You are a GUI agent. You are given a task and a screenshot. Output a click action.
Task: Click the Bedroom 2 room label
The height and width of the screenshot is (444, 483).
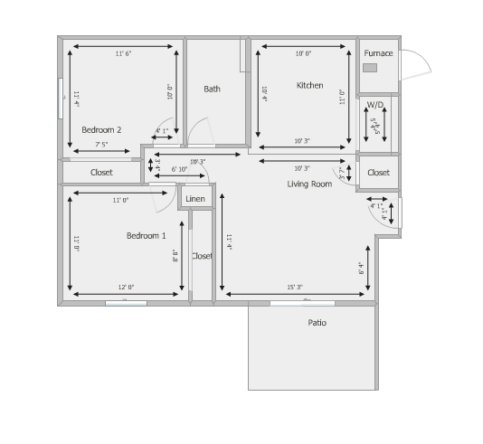[x=101, y=129]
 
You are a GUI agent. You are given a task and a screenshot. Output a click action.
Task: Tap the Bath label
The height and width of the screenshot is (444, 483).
[x=212, y=89]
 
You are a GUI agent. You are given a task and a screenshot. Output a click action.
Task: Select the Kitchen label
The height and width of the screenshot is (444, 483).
[x=309, y=86]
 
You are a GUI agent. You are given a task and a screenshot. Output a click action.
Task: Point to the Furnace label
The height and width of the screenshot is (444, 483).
[x=378, y=53]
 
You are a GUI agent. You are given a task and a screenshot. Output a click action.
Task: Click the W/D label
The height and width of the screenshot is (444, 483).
[x=374, y=105]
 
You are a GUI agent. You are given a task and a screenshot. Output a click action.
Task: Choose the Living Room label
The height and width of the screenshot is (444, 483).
[x=309, y=184]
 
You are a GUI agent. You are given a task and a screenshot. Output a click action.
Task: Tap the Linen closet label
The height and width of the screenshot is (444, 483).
[x=195, y=198]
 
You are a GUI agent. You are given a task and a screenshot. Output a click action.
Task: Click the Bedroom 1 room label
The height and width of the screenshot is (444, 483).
[x=146, y=236]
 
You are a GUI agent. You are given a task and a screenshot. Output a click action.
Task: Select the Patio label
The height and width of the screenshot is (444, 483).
[x=317, y=323]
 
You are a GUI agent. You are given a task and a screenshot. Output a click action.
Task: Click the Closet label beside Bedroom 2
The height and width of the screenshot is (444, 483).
[x=101, y=172]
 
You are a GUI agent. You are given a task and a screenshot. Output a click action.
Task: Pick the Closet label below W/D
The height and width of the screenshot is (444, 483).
[x=378, y=172]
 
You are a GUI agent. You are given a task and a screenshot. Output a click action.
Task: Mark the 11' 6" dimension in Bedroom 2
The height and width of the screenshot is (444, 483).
[x=123, y=54]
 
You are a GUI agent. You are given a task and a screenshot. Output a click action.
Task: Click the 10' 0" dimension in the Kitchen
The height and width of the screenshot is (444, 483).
[x=303, y=54]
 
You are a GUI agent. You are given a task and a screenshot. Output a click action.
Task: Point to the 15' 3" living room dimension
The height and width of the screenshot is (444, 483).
[x=295, y=288]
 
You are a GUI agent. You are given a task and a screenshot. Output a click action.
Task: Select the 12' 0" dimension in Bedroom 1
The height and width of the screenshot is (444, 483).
[x=125, y=288]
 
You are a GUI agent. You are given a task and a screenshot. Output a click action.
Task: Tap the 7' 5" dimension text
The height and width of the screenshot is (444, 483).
[x=101, y=145]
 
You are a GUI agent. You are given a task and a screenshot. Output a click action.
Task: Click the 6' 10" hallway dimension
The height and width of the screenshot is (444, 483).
[x=179, y=169]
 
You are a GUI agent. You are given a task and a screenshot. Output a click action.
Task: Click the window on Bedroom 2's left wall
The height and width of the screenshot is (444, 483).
[x=61, y=93]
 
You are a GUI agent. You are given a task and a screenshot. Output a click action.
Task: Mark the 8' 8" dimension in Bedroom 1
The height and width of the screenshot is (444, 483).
[x=176, y=256]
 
